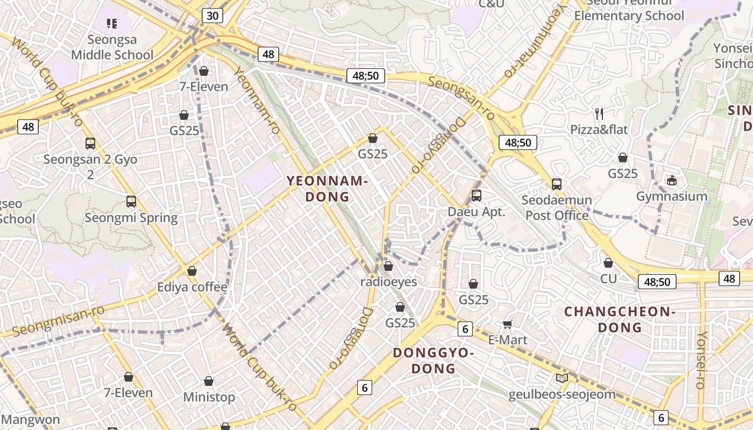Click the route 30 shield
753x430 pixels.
pyautogui.click(x=212, y=16)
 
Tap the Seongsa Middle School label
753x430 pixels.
pyautogui.click(x=112, y=47)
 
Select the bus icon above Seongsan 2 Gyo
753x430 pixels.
pyautogui.click(x=90, y=144)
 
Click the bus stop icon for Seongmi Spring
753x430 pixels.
pyautogui.click(x=131, y=202)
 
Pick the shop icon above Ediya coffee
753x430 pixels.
pyautogui.click(x=192, y=271)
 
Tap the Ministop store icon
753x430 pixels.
pyautogui.click(x=209, y=382)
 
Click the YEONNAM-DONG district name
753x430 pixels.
pyautogui.click(x=327, y=189)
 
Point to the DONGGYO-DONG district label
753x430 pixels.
pyautogui.click(x=433, y=361)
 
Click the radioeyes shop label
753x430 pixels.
pyautogui.click(x=388, y=282)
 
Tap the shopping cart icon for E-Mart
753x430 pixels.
pyautogui.click(x=507, y=324)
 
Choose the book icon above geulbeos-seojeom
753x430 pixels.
pyautogui.click(x=562, y=378)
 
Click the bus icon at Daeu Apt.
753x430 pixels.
pyautogui.click(x=477, y=196)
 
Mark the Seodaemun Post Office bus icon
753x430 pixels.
pyautogui.click(x=557, y=184)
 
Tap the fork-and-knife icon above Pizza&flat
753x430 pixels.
pyautogui.click(x=599, y=113)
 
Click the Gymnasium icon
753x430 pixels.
pyautogui.click(x=671, y=181)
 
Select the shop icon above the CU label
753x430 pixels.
pyautogui.click(x=608, y=263)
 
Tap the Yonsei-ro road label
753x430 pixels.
pyautogui.click(x=701, y=360)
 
